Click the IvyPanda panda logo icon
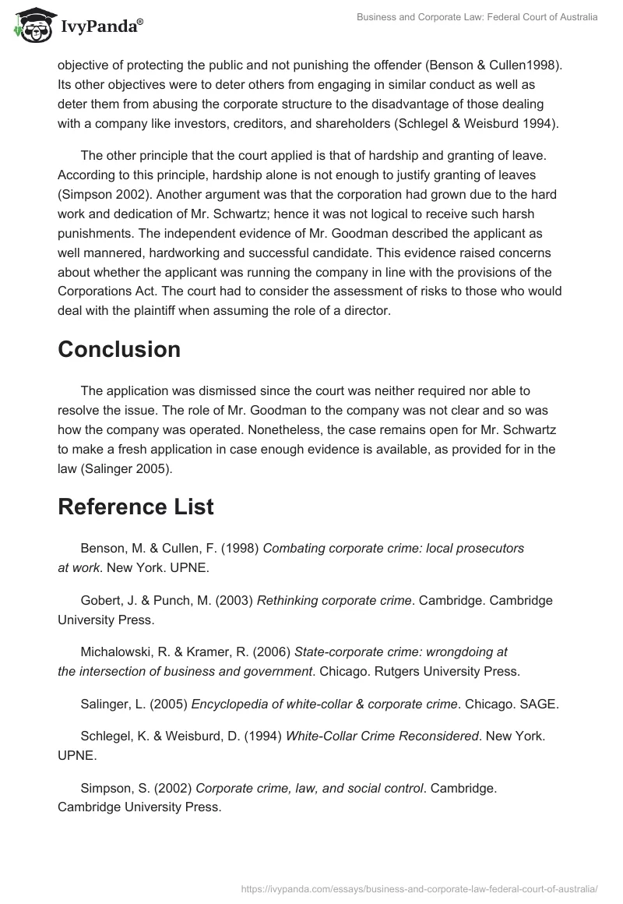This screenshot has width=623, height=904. (x=29, y=26)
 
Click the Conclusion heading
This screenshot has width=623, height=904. (x=119, y=350)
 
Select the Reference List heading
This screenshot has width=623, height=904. (x=136, y=507)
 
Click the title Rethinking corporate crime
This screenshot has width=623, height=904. (x=334, y=601)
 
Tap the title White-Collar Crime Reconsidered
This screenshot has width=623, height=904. (x=382, y=735)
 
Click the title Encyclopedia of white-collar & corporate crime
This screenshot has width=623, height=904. (x=324, y=704)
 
